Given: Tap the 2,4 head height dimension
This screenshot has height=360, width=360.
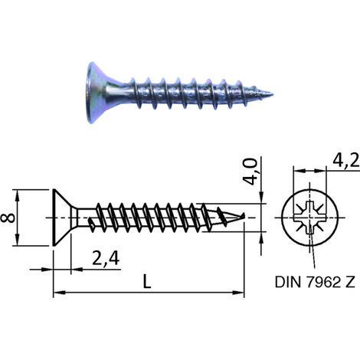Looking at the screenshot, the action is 106,259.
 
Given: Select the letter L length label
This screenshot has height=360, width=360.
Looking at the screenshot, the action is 147,281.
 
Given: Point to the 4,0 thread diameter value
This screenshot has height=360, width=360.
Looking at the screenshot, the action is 250,172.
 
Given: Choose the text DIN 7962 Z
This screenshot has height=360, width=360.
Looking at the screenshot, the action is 315,282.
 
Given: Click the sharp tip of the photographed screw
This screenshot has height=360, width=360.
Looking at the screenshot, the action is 273,94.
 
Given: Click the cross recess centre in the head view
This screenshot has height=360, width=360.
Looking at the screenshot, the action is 310,218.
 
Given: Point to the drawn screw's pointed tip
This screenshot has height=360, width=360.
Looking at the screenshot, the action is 244,215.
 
